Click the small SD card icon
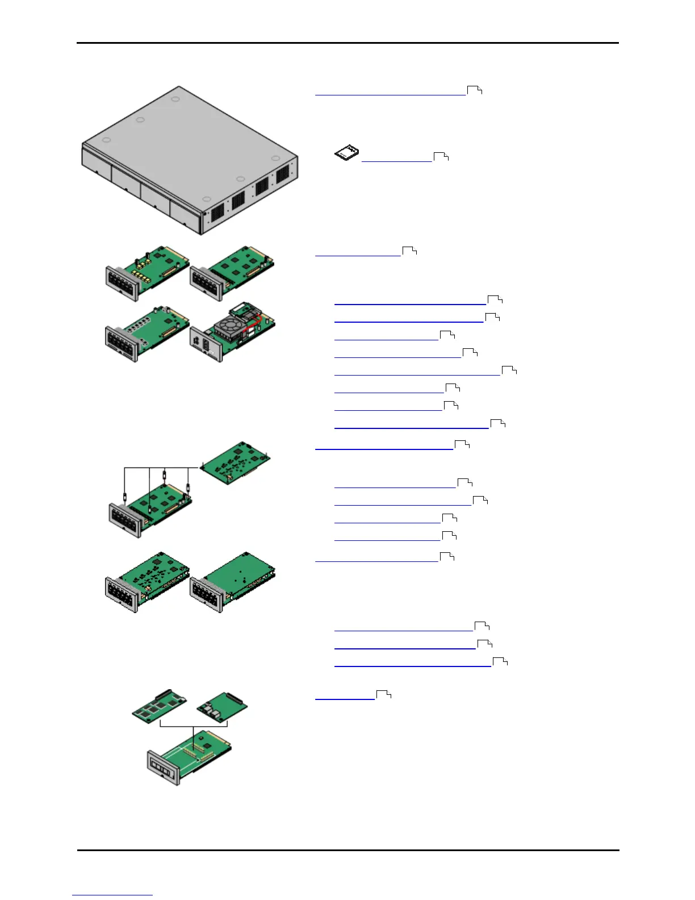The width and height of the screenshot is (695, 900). [346, 153]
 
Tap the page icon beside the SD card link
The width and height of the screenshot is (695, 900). [441, 156]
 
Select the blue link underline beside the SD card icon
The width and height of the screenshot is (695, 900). [396, 161]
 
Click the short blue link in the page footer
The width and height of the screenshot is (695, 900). [112, 895]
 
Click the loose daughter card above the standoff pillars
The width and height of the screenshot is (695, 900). [235, 461]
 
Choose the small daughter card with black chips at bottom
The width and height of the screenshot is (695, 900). [160, 706]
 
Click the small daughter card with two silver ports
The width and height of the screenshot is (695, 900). [222, 707]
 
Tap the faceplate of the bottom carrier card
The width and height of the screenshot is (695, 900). [164, 768]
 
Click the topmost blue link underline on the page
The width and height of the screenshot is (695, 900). [390, 95]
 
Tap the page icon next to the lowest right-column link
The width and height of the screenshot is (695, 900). [384, 694]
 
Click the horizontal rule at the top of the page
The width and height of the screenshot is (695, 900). [347, 43]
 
